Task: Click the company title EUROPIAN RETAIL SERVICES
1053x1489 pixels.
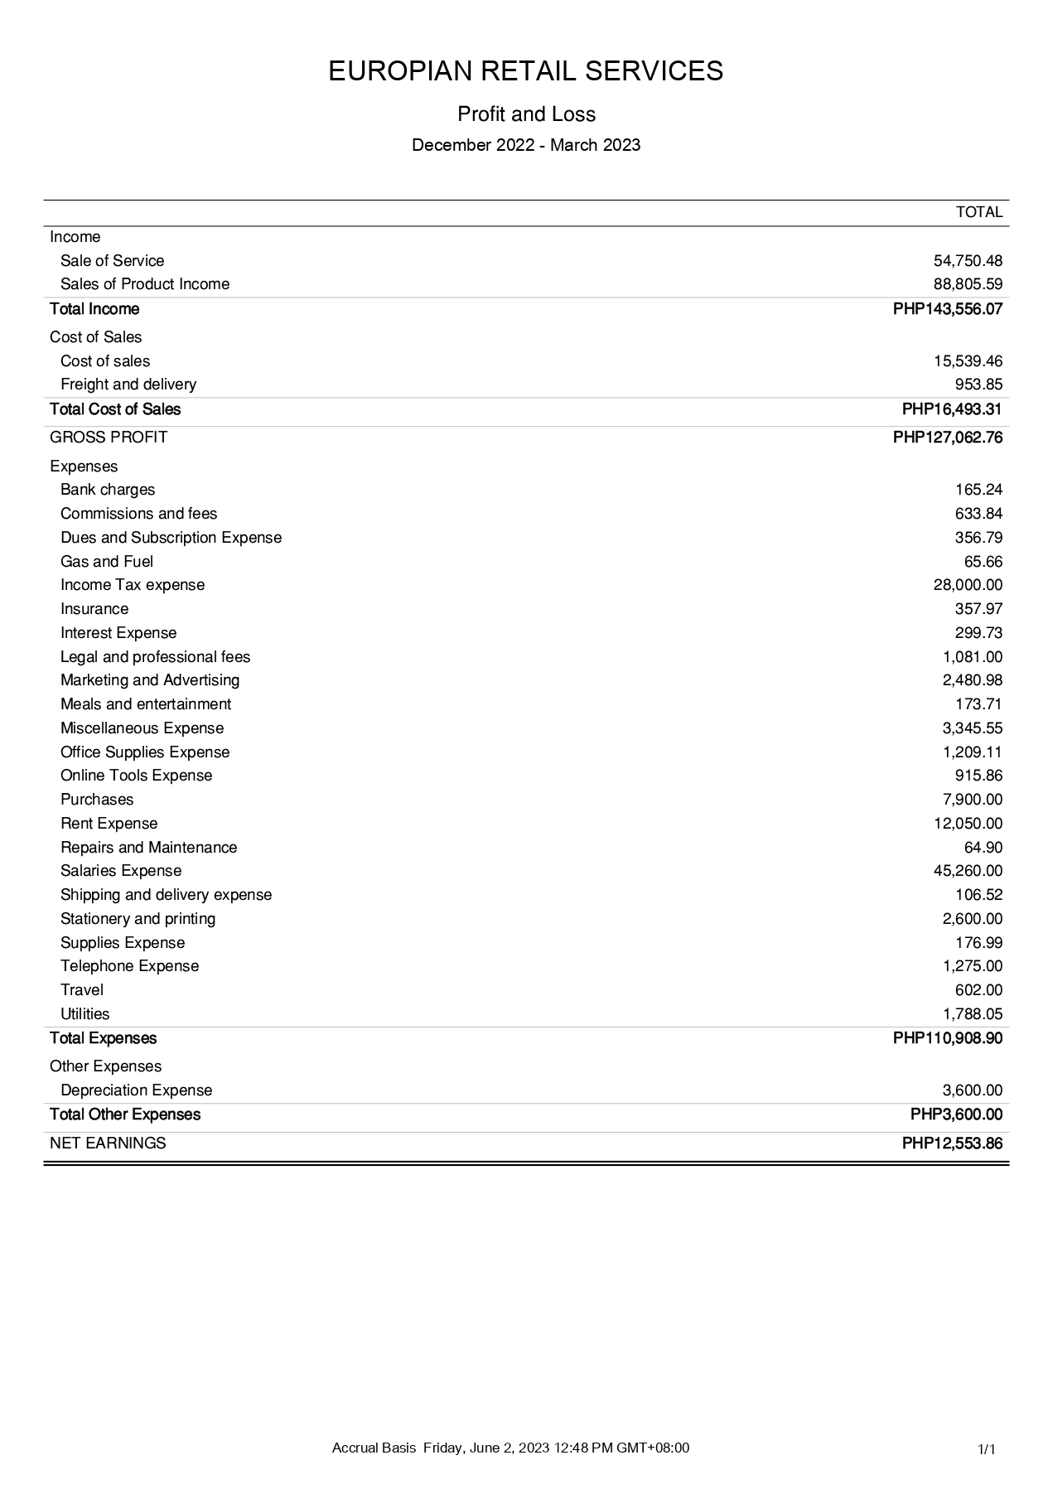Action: pyautogui.click(x=526, y=71)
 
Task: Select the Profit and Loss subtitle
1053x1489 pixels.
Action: pyautogui.click(x=526, y=114)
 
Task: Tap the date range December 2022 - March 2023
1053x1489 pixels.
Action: pyautogui.click(x=526, y=145)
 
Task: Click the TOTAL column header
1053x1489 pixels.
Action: pyautogui.click(x=979, y=212)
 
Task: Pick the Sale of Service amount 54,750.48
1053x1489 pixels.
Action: pyautogui.click(x=968, y=261)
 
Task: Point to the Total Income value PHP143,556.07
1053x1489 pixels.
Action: pyautogui.click(x=948, y=309)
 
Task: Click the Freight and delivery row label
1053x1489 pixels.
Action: pyautogui.click(x=128, y=384)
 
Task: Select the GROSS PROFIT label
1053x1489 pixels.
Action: pyautogui.click(x=109, y=438)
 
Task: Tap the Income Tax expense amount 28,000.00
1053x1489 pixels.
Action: pyautogui.click(x=968, y=585)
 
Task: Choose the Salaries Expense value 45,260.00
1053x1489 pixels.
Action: pyautogui.click(x=968, y=871)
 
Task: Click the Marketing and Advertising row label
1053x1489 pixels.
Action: pyautogui.click(x=150, y=680)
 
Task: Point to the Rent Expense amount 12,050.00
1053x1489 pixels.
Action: pyautogui.click(x=968, y=824)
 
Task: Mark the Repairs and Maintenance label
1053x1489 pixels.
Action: pyautogui.click(x=148, y=848)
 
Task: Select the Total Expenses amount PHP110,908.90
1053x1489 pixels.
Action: pyautogui.click(x=948, y=1038)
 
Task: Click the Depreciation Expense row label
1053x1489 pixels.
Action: pyautogui.click(x=136, y=1090)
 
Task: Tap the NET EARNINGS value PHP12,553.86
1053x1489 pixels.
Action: pyautogui.click(x=952, y=1143)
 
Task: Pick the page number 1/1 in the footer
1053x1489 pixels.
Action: pyautogui.click(x=986, y=1449)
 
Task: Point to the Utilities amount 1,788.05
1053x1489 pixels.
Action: pyautogui.click(x=973, y=1014)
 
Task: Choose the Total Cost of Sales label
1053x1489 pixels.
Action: pyautogui.click(x=115, y=409)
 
